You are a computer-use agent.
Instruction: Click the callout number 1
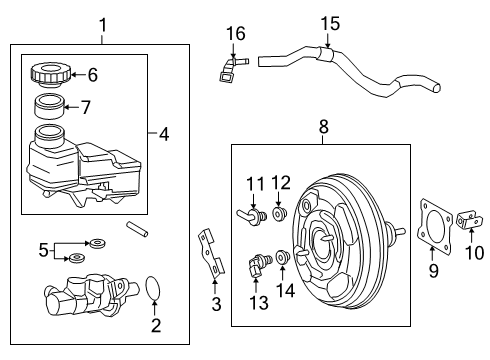click(x=101, y=22)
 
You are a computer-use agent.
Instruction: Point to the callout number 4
click(x=163, y=132)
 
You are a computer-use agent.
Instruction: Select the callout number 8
click(x=323, y=127)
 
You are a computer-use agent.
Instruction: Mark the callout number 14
click(x=286, y=291)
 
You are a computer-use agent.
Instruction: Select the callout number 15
click(x=329, y=22)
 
